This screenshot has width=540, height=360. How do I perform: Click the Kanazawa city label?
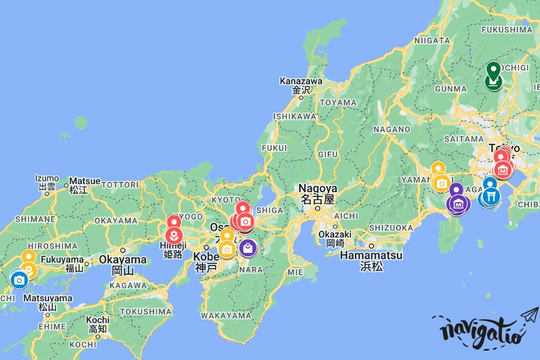301,81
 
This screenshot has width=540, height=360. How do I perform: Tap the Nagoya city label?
317,188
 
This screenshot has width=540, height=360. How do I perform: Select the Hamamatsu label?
372,256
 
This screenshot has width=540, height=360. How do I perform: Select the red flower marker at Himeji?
175,235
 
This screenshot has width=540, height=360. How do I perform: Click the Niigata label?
431,40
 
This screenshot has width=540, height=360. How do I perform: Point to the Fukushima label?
508,29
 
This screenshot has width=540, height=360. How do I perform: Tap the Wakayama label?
226,316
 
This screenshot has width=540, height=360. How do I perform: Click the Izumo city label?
47,178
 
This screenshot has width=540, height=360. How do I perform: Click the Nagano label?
392,129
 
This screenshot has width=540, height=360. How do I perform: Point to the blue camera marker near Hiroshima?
19,280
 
